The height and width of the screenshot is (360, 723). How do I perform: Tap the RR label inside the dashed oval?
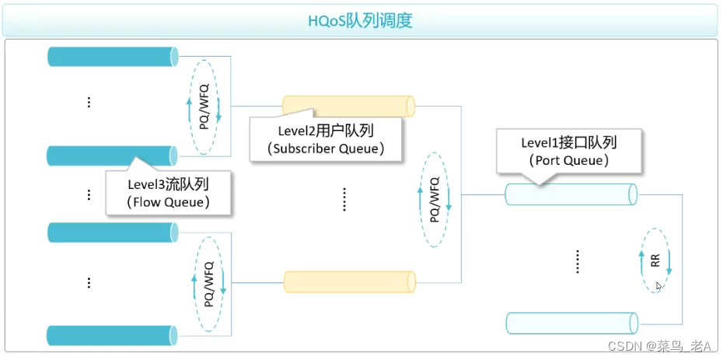click(655, 260)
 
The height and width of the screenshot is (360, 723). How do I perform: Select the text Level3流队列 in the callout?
click(168, 184)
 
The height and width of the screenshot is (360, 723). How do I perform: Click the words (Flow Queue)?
click(168, 202)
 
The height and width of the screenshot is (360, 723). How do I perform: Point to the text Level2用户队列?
click(325, 131)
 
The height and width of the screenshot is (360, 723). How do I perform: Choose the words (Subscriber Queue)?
click(325, 149)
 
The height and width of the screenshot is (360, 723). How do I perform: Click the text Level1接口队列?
click(568, 143)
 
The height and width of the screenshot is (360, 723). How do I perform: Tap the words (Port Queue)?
click(568, 160)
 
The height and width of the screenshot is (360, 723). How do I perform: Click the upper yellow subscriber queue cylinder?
click(348, 106)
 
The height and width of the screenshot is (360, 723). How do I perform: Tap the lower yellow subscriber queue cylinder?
click(348, 281)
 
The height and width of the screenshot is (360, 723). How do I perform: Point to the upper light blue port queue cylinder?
click(571, 194)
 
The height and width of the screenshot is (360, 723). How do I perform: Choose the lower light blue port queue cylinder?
click(571, 322)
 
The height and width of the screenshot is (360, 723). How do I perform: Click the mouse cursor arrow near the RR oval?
click(658, 286)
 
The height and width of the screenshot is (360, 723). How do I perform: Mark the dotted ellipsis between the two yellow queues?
click(344, 200)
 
